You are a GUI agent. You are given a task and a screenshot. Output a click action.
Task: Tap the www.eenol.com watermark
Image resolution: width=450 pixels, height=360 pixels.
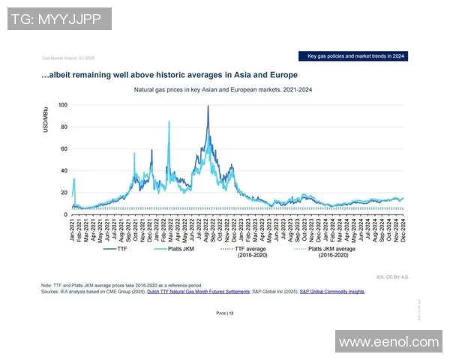pyautogui.click(x=388, y=342)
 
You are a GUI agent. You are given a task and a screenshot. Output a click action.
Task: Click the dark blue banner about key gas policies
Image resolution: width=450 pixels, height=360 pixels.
pyautogui.click(x=355, y=56)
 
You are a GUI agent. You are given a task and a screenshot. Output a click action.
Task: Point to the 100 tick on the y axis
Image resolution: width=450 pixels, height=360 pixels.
pyautogui.click(x=63, y=105)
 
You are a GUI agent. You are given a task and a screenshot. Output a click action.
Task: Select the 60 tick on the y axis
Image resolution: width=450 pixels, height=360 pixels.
pyautogui.click(x=64, y=149)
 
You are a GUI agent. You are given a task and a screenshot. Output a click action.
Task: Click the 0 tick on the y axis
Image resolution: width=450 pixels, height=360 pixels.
pyautogui.click(x=66, y=215)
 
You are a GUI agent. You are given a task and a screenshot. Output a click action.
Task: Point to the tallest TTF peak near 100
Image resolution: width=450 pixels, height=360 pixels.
pyautogui.click(x=208, y=106)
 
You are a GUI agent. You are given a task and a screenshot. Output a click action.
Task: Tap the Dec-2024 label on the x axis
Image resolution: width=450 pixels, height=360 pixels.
pyautogui.click(x=402, y=229)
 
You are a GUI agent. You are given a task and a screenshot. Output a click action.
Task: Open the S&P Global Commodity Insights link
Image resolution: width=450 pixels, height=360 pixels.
pyautogui.click(x=332, y=291)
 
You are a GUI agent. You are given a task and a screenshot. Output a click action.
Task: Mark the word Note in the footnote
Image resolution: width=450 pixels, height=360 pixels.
pyautogui.click(x=47, y=286)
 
